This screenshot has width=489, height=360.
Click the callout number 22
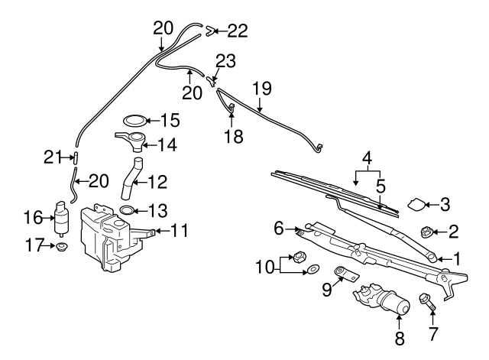click(x=238, y=31)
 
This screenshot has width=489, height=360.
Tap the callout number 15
click(x=169, y=120)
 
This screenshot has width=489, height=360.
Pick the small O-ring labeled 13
click(x=128, y=209)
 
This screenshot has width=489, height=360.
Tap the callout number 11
click(x=179, y=229)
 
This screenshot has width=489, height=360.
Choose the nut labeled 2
click(x=430, y=230)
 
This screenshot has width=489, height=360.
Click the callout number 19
click(x=261, y=88)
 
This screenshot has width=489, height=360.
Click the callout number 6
click(x=278, y=227)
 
